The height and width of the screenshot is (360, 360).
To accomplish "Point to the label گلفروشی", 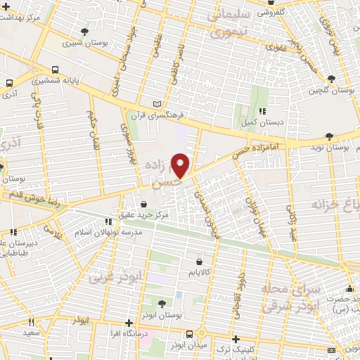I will pos(288,12).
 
